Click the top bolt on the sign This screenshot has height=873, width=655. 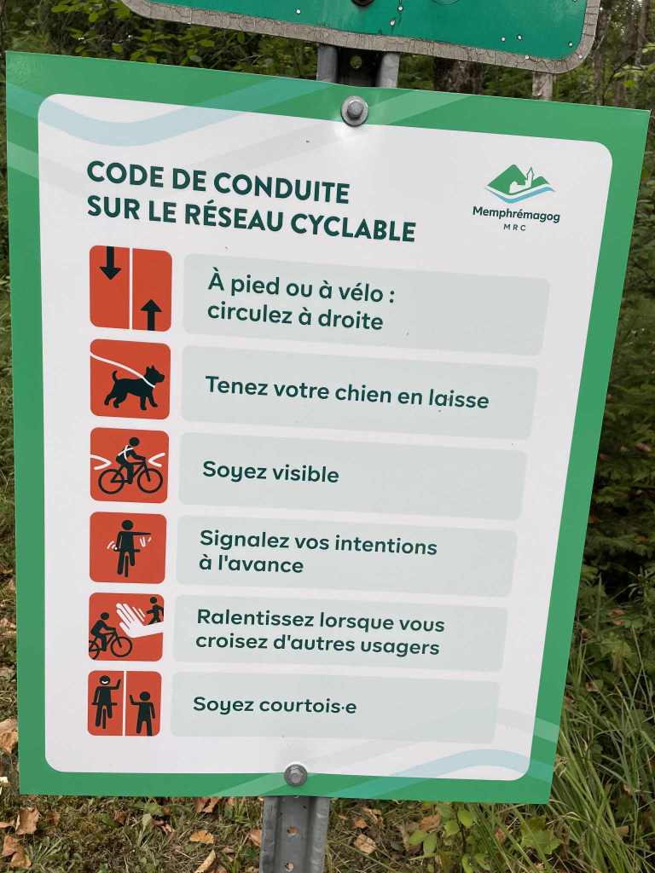354,110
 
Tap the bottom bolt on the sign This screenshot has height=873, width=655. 295,774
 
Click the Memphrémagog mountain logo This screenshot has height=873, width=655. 519,183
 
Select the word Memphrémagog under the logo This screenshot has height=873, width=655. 516,214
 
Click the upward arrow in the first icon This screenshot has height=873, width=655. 151,314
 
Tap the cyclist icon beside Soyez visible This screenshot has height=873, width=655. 130,465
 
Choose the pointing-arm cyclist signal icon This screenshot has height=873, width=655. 128,547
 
